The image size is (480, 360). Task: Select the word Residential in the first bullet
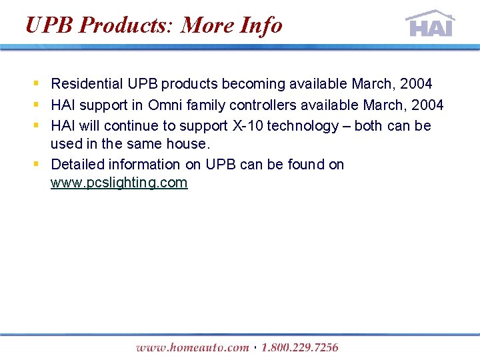[87, 84]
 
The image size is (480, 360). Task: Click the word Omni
[165, 105]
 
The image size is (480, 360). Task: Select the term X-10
[246, 125]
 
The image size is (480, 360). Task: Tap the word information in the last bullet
[144, 164]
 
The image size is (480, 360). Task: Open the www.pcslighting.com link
[119, 183]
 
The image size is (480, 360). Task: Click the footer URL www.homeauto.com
[192, 347]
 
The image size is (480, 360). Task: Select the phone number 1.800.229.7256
[299, 347]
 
